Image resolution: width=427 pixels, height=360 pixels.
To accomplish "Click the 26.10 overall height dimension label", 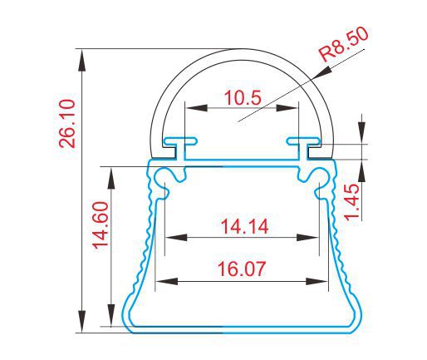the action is click(x=67, y=124).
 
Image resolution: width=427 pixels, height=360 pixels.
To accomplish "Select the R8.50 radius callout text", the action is click(x=343, y=45).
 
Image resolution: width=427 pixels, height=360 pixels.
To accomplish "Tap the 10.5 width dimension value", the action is click(x=243, y=97).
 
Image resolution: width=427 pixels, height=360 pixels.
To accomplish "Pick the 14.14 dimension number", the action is click(x=244, y=226).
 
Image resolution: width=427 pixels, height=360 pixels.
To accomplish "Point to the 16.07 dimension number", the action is click(x=242, y=269).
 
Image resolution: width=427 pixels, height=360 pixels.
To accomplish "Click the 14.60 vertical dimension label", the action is click(x=100, y=225).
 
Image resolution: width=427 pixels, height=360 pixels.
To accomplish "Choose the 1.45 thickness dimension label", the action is click(x=352, y=202).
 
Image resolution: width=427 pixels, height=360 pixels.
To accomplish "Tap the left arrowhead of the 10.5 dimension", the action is click(x=196, y=108).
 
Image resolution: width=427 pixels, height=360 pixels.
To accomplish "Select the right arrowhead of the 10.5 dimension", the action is click(x=287, y=108).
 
